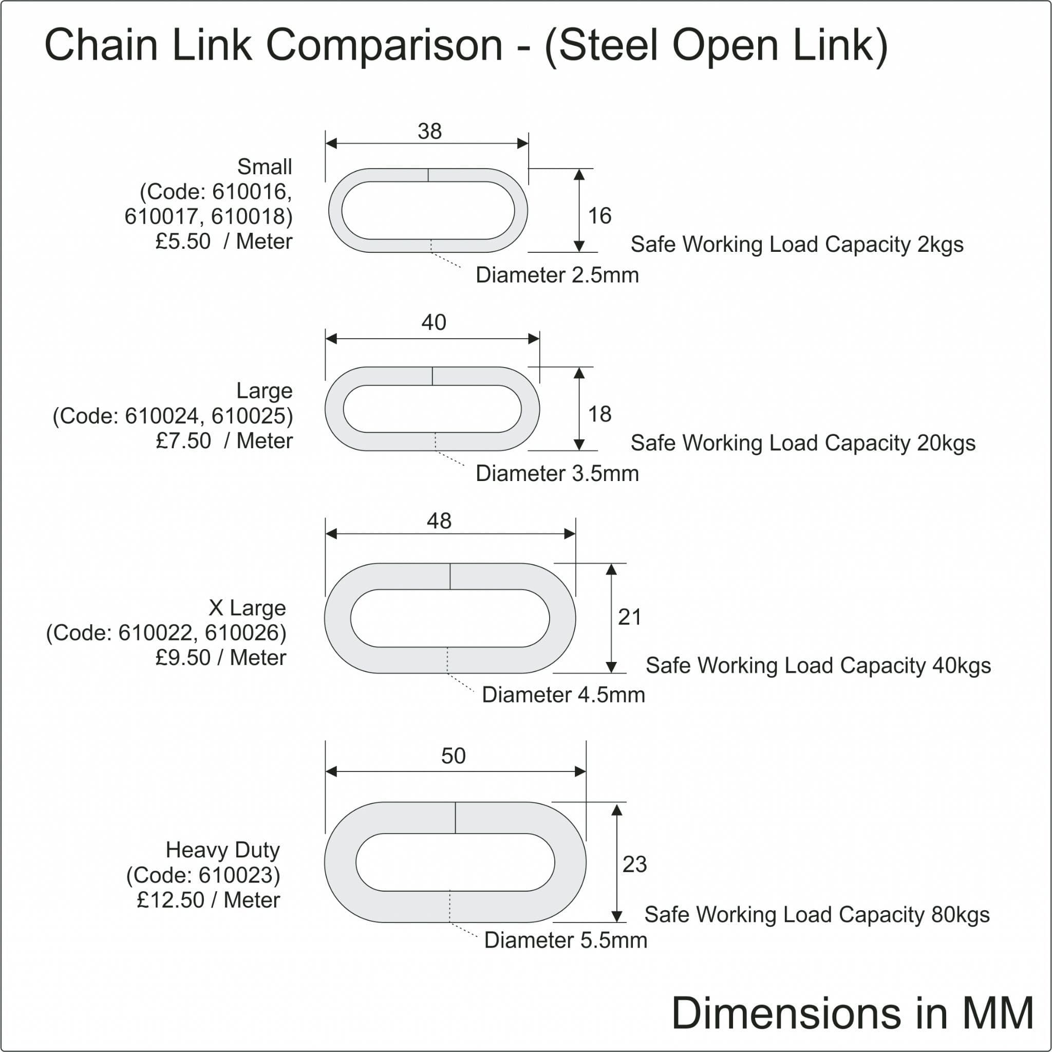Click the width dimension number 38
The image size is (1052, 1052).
coord(429,131)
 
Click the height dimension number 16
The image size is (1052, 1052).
coord(599,216)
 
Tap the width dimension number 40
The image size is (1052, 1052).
coord(434,323)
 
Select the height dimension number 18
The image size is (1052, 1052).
coord(599,414)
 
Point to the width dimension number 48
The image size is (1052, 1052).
coord(439,521)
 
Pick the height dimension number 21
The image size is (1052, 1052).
coord(629,617)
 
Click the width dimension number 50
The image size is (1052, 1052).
coord(453,755)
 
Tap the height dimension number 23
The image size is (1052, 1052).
coord(634,864)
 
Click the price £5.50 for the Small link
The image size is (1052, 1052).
coord(183,242)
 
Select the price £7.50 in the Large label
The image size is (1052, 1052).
coord(183,441)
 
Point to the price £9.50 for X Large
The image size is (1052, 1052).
coord(183,658)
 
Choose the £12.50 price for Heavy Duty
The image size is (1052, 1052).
coord(171,900)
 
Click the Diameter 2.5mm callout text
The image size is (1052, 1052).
coord(557,275)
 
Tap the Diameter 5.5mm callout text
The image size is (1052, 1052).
coord(565,940)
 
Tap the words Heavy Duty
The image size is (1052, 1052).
coord(223,850)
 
